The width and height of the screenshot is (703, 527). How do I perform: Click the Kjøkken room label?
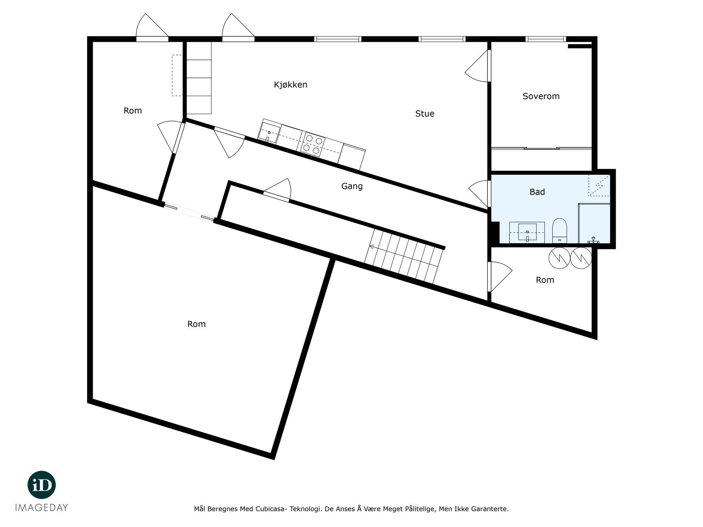pyautogui.click(x=290, y=85)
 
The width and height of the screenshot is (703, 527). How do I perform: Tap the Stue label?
pyautogui.click(x=424, y=114)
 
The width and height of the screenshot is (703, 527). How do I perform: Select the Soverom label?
pyautogui.click(x=541, y=96)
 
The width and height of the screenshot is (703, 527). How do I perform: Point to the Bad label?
pyautogui.click(x=537, y=192)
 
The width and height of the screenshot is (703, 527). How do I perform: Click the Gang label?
pyautogui.click(x=352, y=186)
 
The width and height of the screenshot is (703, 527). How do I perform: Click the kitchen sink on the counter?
pyautogui.click(x=269, y=132)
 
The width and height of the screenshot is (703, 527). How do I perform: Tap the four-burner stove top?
pyautogui.click(x=313, y=144)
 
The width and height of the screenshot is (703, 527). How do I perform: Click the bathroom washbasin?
pyautogui.click(x=527, y=231)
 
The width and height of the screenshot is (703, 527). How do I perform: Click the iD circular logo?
pyautogui.click(x=42, y=485)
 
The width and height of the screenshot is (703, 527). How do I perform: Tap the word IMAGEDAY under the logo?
pyautogui.click(x=42, y=508)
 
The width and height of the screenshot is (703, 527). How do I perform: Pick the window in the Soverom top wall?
pyautogui.click(x=545, y=39)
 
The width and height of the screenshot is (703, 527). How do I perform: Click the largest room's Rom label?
pyautogui.click(x=196, y=324)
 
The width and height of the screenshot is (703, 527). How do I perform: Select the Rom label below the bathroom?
pyautogui.click(x=545, y=280)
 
